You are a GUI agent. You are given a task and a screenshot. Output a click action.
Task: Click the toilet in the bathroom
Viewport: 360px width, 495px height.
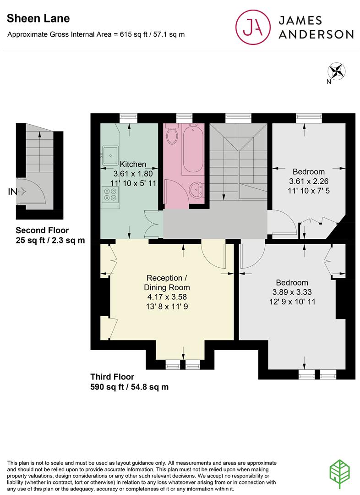tap(172, 135)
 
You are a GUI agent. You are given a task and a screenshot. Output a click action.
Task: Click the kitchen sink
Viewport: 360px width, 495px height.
tap(110, 155)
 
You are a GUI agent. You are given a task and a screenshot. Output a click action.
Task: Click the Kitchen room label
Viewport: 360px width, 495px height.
tap(133, 164)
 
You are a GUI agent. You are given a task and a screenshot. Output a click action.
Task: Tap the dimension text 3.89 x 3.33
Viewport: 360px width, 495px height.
tap(292, 292)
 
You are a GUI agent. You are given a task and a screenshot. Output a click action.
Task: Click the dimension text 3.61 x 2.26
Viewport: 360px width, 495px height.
tap(308, 181)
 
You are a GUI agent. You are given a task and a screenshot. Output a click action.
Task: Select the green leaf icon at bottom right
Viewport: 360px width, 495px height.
tap(341, 472)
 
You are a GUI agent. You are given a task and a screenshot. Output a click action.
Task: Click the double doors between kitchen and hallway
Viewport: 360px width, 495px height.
tap(153, 225)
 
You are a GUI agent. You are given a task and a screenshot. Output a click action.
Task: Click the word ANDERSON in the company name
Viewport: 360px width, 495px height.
tap(316, 34)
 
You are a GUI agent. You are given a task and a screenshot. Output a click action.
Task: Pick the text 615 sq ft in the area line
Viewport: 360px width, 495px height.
tap(133, 34)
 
